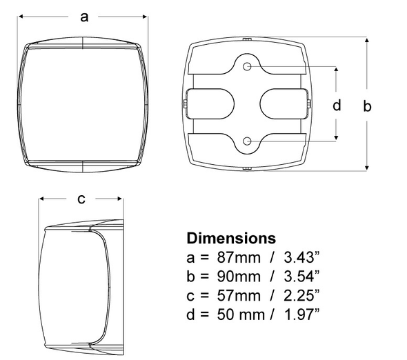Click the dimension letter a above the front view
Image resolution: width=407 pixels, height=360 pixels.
[x=84, y=17]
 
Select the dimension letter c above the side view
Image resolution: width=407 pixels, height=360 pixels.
[x=81, y=199]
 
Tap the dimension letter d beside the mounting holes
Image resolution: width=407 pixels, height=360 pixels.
[x=337, y=105]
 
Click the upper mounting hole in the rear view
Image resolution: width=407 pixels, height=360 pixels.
[x=248, y=68]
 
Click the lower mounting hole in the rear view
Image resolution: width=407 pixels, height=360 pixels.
[x=248, y=141]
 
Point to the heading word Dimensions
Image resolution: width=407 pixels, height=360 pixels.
[x=231, y=239]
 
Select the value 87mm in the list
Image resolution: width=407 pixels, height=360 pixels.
[x=235, y=258]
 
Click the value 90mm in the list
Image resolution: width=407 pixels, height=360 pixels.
[x=235, y=277]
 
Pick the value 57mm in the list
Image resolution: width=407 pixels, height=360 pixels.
[x=235, y=296]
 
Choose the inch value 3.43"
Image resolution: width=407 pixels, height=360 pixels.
[x=298, y=258]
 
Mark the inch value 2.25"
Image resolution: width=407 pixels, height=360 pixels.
[x=298, y=296]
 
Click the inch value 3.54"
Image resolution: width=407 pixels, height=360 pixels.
[x=298, y=277]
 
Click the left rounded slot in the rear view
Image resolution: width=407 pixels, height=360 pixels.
[x=211, y=104]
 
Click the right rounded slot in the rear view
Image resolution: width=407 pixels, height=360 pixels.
[x=283, y=104]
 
